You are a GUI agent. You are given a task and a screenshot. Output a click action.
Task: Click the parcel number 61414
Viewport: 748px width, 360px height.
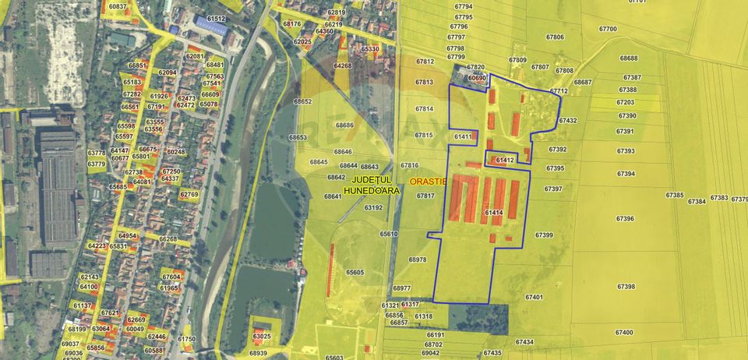click(493, 213)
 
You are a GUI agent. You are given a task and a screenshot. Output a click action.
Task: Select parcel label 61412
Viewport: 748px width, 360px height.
click(504, 161)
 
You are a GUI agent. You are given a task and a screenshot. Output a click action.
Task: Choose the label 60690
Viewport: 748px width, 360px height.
click(477, 78)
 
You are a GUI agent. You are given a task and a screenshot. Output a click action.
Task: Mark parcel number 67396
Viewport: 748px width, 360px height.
click(624, 219)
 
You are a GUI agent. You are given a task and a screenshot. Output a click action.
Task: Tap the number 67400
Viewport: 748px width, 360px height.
click(623, 332)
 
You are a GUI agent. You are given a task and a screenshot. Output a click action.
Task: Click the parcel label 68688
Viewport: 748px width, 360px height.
click(629, 58)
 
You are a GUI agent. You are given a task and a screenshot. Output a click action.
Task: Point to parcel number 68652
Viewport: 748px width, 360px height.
click(302, 101)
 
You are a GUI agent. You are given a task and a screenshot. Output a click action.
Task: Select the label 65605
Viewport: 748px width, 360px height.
click(355, 272)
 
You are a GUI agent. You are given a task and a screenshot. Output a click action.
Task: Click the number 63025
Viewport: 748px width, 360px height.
click(262, 337)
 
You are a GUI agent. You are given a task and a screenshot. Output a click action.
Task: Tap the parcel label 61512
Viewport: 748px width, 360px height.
click(215, 18)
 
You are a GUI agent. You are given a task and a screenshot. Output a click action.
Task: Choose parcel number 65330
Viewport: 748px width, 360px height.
click(370, 49)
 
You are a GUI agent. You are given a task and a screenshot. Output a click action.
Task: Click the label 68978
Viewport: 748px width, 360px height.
click(418, 259)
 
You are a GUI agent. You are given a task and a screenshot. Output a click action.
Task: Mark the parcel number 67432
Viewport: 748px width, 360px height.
click(568, 121)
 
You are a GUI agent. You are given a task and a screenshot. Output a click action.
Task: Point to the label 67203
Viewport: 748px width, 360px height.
click(625, 102)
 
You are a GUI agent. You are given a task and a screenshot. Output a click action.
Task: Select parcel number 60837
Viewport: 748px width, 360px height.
click(118, 6)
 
